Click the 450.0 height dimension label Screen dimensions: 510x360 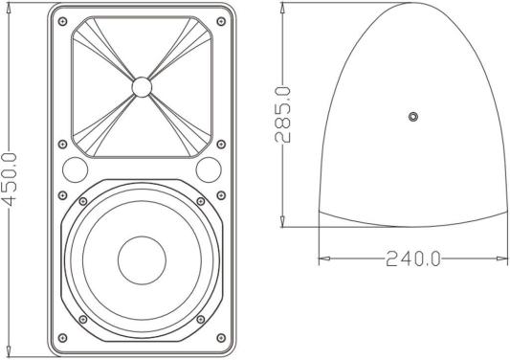(x=10, y=180)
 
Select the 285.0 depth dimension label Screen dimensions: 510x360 (x=282, y=115)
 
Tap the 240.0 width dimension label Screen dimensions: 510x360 (x=413, y=259)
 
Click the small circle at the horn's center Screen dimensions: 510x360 (x=142, y=87)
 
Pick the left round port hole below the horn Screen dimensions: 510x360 (x=76, y=169)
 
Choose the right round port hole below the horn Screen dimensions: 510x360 (x=209, y=169)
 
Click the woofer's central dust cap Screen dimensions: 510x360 (x=143, y=260)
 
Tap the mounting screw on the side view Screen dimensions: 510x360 (x=413, y=116)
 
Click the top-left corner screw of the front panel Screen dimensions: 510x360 (x=62, y=22)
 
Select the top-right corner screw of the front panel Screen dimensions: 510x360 (x=221, y=22)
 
